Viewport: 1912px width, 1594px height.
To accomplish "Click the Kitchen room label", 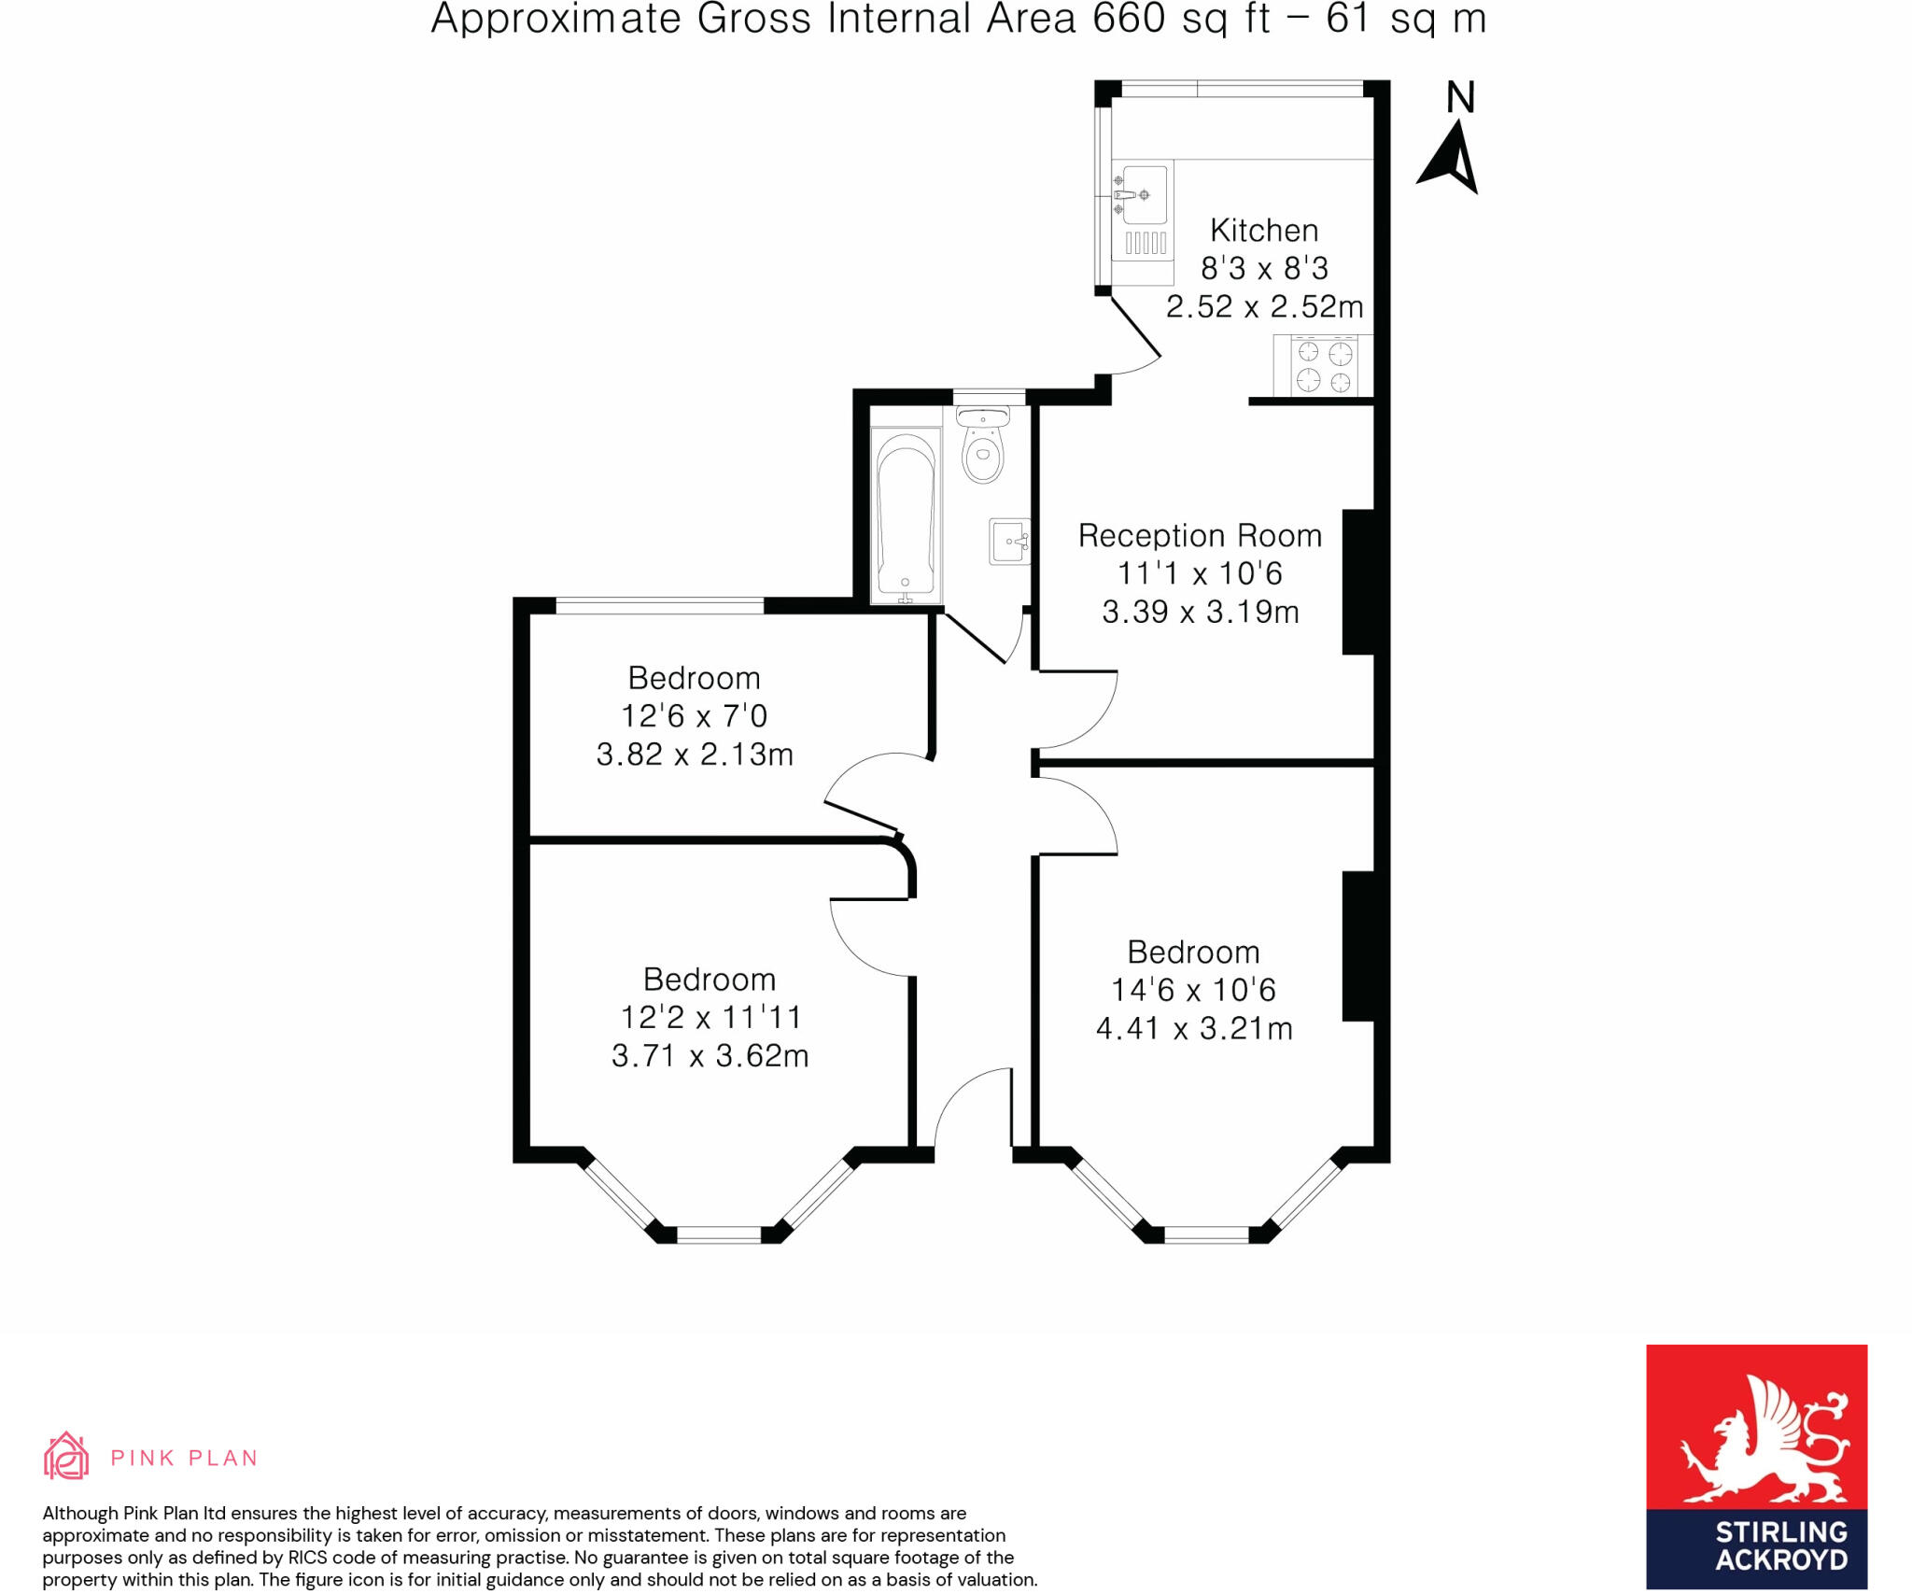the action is point(1264,230).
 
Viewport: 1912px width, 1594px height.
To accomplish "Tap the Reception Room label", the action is point(1200,535).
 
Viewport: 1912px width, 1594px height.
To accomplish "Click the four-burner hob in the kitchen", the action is point(1325,366).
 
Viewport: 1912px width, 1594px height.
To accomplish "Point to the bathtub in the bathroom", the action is point(906,515).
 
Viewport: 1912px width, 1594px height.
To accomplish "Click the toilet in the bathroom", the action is point(983,444).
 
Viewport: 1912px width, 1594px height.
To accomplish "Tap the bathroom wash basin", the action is point(1010,542).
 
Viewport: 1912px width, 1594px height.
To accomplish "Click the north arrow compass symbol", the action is point(1449,138).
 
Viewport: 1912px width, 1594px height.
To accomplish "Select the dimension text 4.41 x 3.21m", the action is point(1194,1028).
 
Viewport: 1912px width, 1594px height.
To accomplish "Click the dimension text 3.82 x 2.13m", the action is point(695,754).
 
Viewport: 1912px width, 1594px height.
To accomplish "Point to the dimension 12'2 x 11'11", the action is point(710,1016).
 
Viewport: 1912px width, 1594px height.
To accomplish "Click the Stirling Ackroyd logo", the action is point(1756,1466).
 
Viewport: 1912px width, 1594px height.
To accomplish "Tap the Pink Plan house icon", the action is point(66,1456).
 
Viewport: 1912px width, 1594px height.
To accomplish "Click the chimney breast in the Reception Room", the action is point(1358,582).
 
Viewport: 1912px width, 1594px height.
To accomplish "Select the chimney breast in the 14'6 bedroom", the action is point(1358,946).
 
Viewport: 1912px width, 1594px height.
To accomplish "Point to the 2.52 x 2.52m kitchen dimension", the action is point(1264,306).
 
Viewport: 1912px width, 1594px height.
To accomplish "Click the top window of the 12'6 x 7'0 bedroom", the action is point(660,605).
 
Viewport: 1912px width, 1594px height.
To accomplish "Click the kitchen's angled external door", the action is point(1135,326).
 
